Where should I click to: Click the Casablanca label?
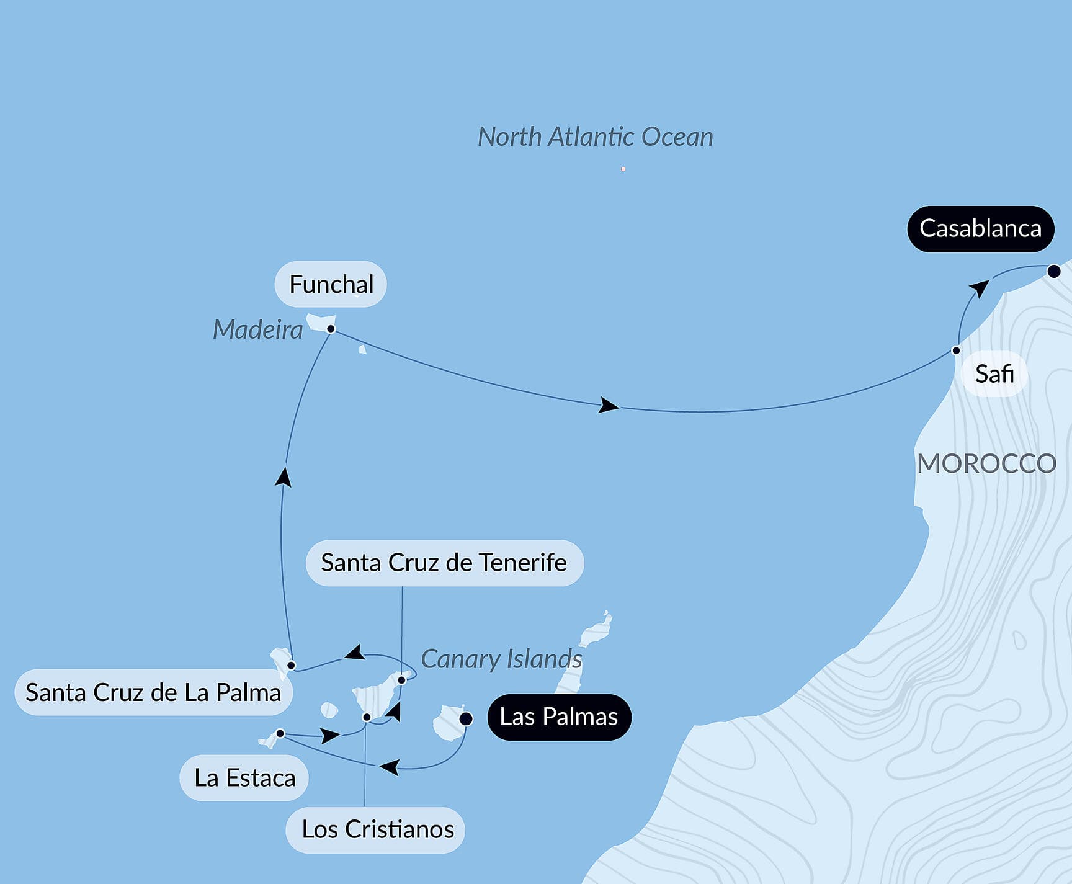[980, 229]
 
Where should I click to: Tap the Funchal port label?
[331, 284]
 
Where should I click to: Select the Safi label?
[994, 374]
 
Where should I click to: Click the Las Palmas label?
[558, 717]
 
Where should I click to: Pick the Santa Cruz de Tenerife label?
[444, 563]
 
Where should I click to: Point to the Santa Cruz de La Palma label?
[153, 692]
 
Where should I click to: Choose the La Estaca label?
[244, 778]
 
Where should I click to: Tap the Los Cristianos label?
[377, 829]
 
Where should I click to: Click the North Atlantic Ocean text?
[595, 137]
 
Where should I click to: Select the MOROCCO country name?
[986, 463]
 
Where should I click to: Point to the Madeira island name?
[257, 329]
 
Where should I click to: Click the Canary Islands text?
[501, 659]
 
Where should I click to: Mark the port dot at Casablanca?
[1053, 271]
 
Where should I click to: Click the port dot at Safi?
[956, 350]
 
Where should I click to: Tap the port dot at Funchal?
[331, 329]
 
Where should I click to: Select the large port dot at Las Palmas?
[466, 718]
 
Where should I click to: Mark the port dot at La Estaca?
[280, 734]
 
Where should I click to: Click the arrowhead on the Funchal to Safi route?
[609, 406]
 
